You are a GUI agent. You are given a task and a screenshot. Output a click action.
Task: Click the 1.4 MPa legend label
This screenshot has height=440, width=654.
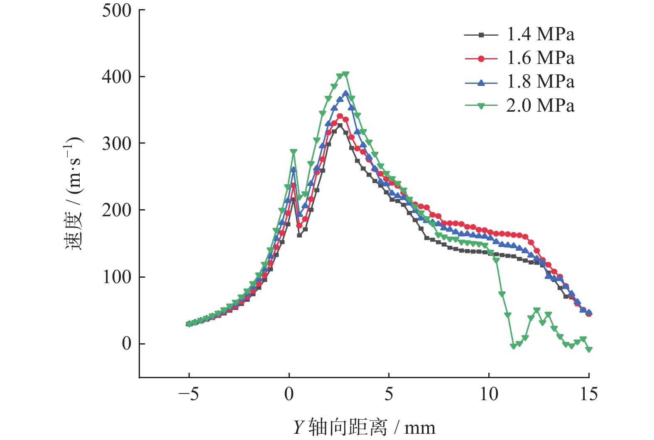coord(540,34)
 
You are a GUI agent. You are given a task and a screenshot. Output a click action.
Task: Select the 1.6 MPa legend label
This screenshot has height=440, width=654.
coord(540,58)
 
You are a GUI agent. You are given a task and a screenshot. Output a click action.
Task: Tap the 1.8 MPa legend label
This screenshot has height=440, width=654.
coord(540,82)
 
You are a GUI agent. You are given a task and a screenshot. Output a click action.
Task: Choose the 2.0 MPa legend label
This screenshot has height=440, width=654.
coord(540,106)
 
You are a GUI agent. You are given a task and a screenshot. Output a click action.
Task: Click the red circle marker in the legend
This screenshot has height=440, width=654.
coord(481,59)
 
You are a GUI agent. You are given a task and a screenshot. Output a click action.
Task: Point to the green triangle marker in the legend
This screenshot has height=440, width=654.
coord(481,106)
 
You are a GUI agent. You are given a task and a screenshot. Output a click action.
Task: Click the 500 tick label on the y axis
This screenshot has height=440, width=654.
coord(117,10)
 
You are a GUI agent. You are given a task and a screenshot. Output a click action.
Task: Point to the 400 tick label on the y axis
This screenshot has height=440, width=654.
coord(117,77)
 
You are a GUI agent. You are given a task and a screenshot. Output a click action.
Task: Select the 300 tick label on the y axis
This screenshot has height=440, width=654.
coord(117,144)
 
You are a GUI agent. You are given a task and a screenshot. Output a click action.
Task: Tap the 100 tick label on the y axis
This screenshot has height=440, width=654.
coord(117,277)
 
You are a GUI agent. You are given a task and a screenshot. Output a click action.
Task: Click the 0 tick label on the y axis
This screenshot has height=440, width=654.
coord(127,344)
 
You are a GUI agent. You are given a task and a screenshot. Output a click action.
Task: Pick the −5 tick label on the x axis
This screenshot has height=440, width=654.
coord(189,394)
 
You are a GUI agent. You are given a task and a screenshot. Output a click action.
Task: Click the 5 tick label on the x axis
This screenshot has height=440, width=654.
coord(389,394)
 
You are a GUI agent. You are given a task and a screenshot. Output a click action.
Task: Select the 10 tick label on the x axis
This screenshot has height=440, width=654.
coord(489,394)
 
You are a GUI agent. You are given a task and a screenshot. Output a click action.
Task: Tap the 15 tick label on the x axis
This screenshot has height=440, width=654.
coord(588,394)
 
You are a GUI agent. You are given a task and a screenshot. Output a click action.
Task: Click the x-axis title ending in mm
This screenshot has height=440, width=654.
coord(364,428)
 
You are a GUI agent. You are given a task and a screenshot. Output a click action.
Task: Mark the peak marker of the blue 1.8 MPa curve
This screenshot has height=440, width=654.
coord(345,93)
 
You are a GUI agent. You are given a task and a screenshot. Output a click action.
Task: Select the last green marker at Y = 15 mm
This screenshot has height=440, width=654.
coord(589,350)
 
